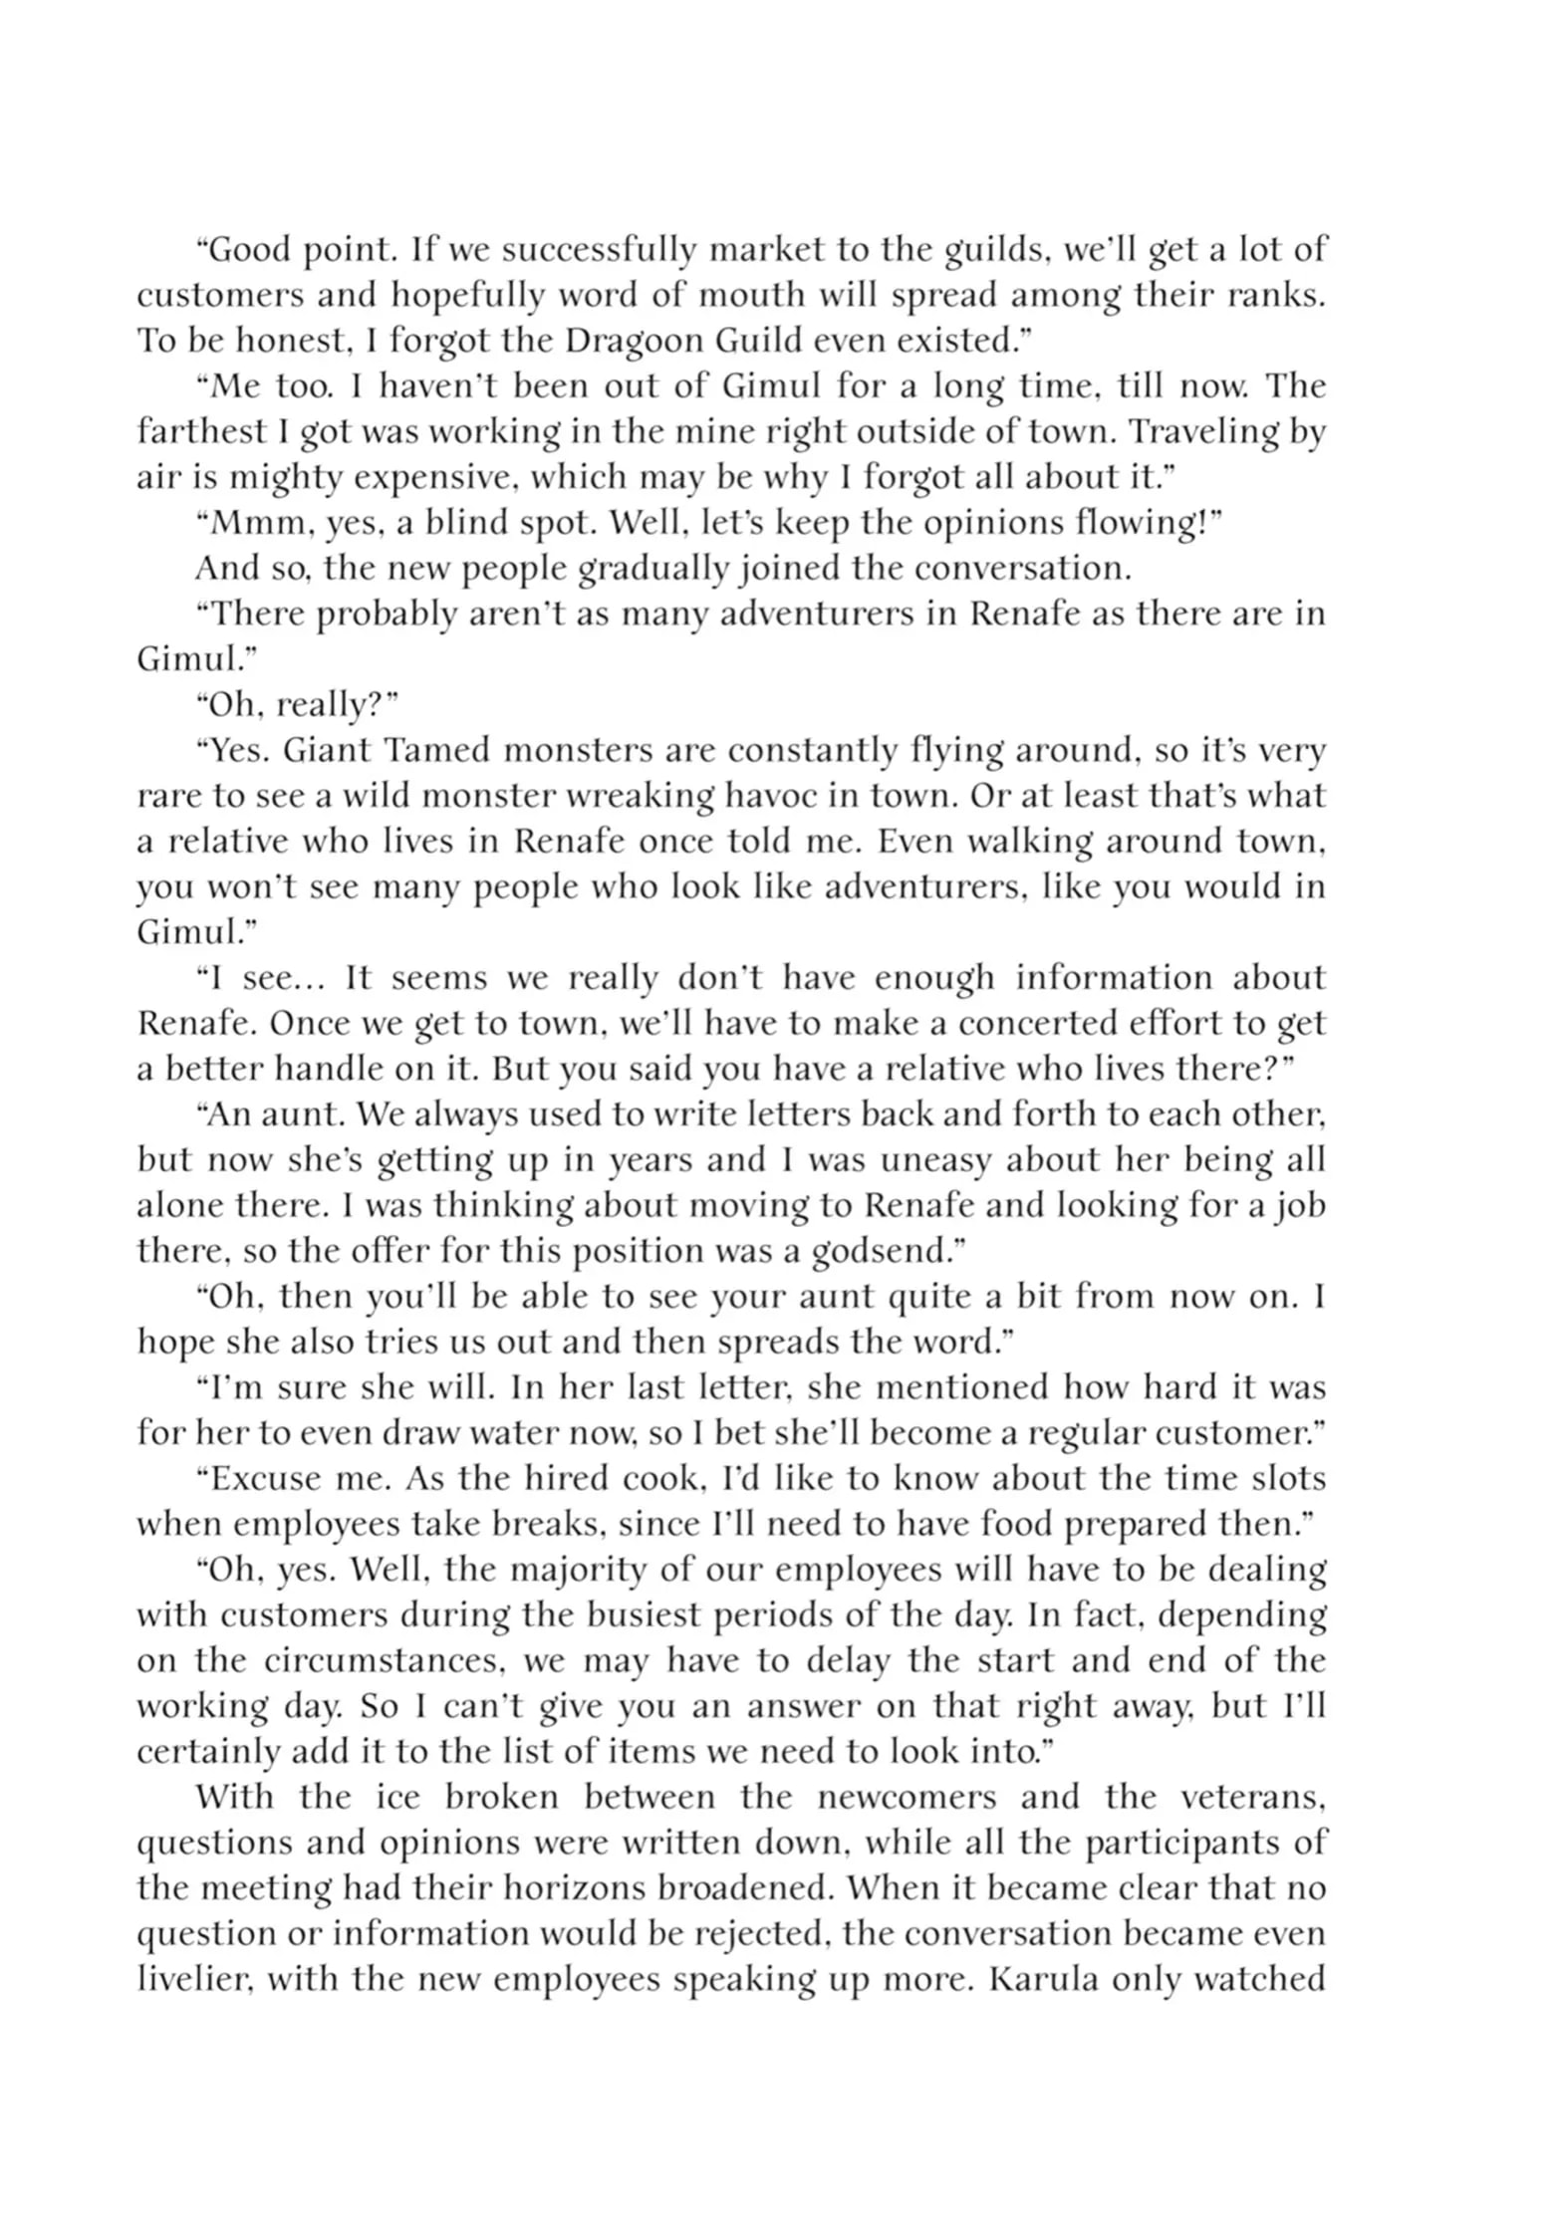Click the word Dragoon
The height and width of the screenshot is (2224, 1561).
coord(629,341)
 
